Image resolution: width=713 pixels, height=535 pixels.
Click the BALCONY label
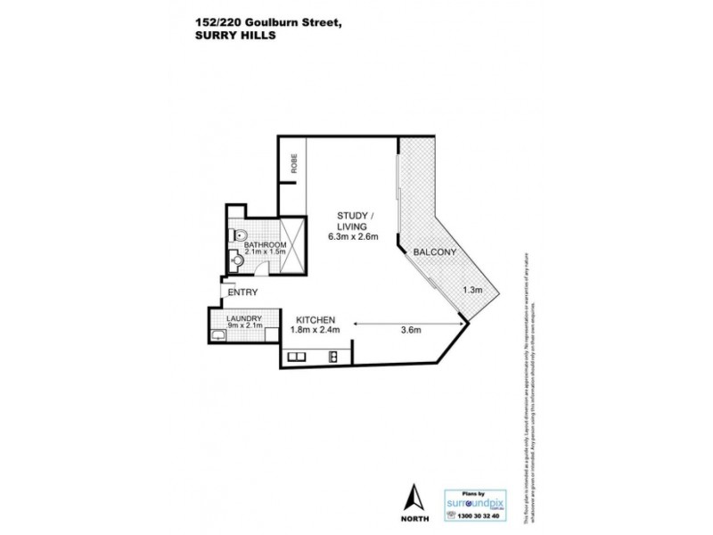tap(435, 252)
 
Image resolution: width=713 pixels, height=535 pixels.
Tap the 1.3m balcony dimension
tap(472, 290)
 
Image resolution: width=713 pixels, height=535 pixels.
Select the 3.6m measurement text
tap(411, 331)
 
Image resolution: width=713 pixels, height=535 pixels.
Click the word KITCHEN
tap(315, 319)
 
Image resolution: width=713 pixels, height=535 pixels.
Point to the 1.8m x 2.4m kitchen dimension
tap(316, 331)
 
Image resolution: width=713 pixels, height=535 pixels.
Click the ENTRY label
tap(243, 292)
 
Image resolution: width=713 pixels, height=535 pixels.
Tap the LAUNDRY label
tap(242, 318)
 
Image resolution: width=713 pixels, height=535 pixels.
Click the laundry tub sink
tap(219, 334)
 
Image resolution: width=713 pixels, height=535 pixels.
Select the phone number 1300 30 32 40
tap(475, 515)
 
